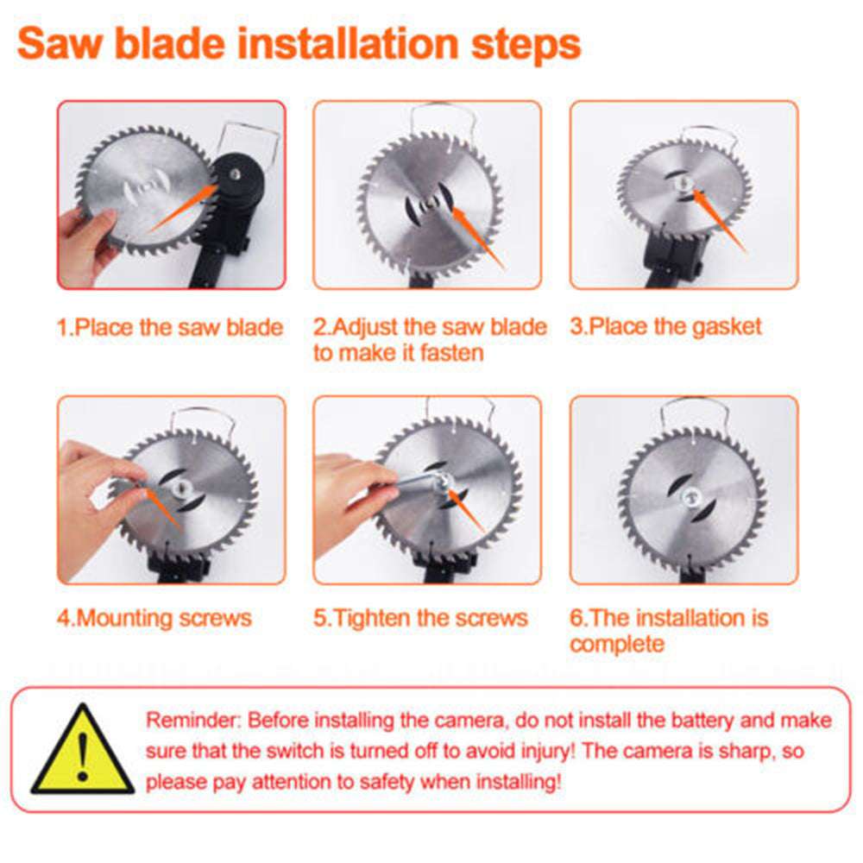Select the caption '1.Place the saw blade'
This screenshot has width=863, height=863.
click(x=170, y=328)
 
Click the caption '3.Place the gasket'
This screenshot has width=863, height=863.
click(x=666, y=327)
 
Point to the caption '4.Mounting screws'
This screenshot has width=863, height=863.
click(x=154, y=618)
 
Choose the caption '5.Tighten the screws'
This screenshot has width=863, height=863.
click(x=419, y=618)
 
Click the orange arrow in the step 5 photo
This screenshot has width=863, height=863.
click(x=466, y=513)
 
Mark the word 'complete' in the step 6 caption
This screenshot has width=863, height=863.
click(x=617, y=645)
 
